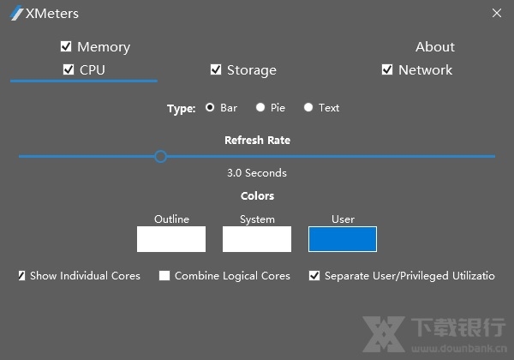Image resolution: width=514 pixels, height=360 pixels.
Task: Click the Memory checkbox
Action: (x=66, y=46)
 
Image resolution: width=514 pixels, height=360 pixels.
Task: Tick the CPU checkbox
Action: (x=69, y=69)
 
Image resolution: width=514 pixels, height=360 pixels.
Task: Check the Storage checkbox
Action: (x=216, y=69)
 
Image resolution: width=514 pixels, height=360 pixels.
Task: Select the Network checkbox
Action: (x=387, y=69)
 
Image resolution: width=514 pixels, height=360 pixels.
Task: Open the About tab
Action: (x=435, y=46)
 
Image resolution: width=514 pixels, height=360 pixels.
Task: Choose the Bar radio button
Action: (x=210, y=108)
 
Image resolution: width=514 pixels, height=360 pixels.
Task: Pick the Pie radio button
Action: (x=260, y=108)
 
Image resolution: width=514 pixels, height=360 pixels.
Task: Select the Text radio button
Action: (x=308, y=108)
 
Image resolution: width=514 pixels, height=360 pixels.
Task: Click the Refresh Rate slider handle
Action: (x=160, y=156)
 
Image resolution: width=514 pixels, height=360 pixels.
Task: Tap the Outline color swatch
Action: (x=171, y=239)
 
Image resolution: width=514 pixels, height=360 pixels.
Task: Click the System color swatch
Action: (x=257, y=239)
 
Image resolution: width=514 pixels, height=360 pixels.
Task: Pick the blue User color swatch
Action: (x=343, y=239)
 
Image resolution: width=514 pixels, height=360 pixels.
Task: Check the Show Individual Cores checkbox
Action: (x=22, y=276)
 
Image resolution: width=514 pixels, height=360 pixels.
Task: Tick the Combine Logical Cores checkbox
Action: (x=164, y=276)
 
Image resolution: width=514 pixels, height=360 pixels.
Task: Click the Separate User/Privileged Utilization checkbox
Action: (x=314, y=276)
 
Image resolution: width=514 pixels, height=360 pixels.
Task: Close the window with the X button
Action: (x=497, y=13)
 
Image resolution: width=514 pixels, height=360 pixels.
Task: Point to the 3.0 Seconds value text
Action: (x=257, y=172)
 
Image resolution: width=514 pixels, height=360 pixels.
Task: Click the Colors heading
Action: (x=257, y=196)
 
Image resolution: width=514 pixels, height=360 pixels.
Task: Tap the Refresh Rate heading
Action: (x=257, y=140)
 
